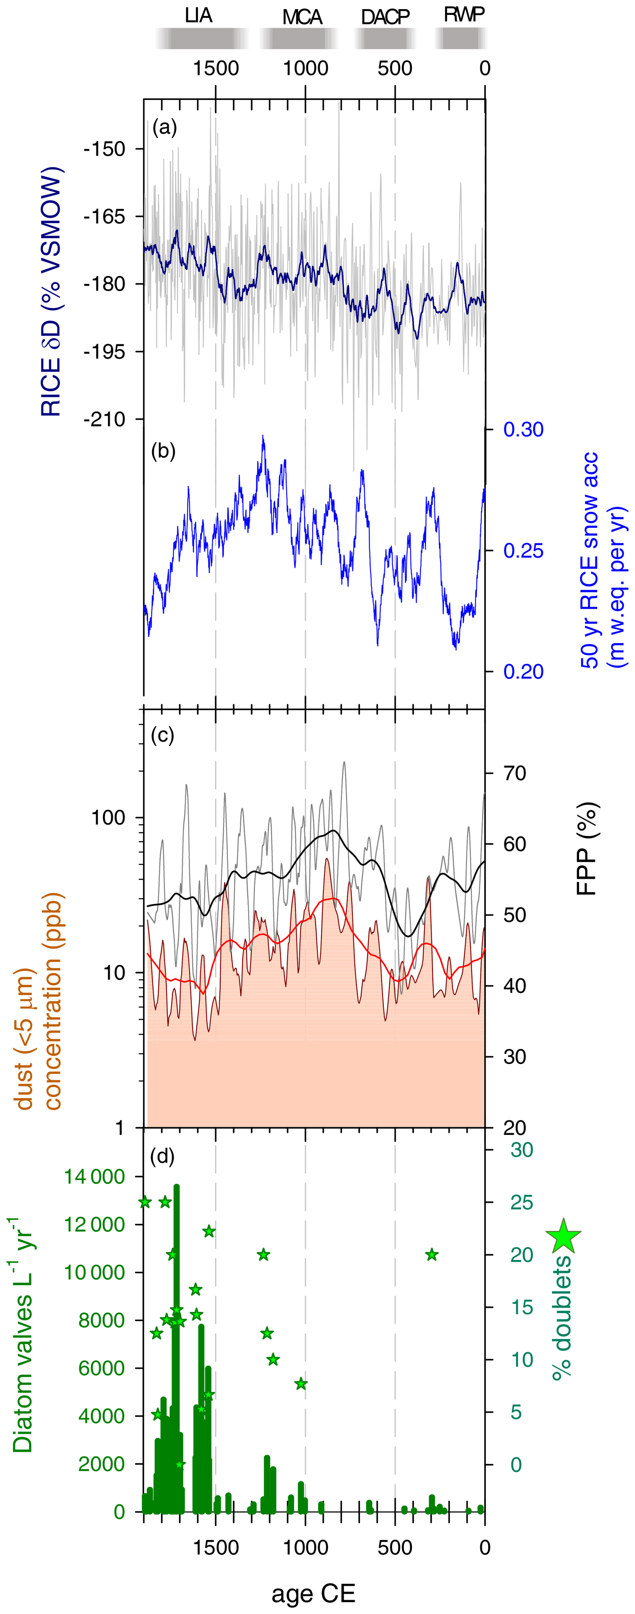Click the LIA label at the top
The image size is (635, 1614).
pyautogui.click(x=198, y=16)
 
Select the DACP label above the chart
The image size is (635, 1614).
pyautogui.click(x=385, y=17)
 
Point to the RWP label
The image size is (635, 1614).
pyautogui.click(x=464, y=14)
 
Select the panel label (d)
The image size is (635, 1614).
pyautogui.click(x=163, y=1156)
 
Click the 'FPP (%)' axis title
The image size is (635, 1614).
pyautogui.click(x=587, y=849)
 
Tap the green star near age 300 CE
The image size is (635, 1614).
pyautogui.click(x=432, y=1254)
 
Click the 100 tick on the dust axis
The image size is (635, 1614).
pyautogui.click(x=108, y=818)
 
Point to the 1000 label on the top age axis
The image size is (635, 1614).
pyautogui.click(x=306, y=68)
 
